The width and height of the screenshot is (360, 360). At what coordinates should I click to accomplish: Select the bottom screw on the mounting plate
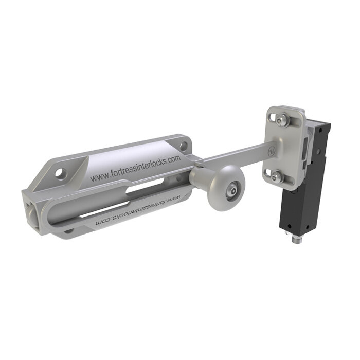277,177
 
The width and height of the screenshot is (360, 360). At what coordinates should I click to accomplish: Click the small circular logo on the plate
273,150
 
